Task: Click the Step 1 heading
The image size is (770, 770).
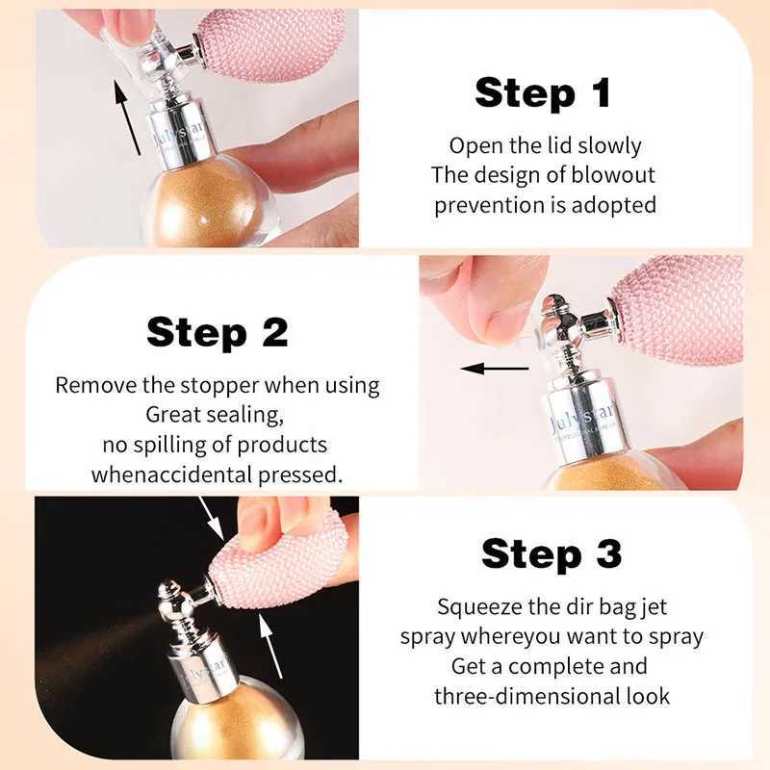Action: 543,92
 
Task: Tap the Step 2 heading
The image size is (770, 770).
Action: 218,332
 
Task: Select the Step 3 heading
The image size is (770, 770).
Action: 552,553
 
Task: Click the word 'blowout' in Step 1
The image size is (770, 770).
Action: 614,175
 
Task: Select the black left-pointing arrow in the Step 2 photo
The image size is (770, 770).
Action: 495,369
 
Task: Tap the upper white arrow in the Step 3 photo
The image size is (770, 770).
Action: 212,519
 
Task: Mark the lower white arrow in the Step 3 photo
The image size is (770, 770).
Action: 270,646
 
